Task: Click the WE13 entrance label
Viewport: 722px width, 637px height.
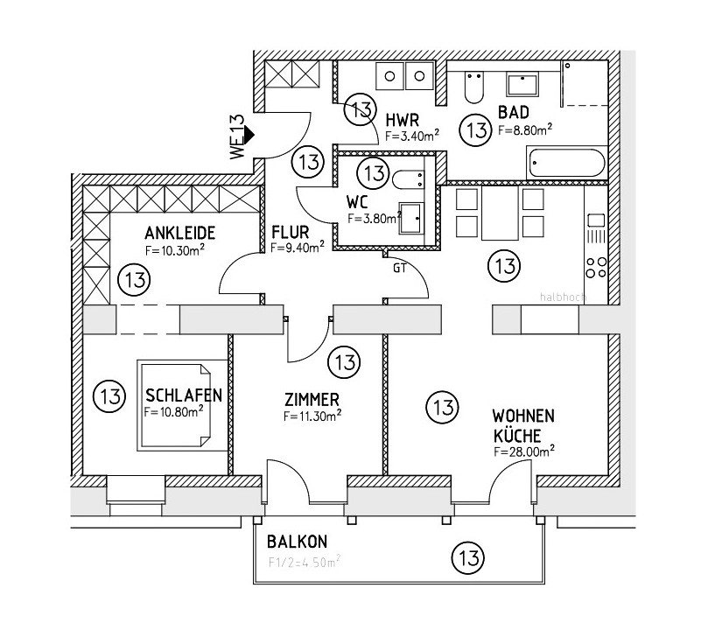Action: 236,136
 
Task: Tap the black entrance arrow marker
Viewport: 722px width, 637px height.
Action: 249,135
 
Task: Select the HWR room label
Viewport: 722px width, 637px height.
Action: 403,119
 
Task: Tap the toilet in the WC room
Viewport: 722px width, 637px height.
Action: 409,179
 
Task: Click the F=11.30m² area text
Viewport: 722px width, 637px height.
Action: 312,416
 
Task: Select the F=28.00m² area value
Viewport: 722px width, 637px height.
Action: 525,451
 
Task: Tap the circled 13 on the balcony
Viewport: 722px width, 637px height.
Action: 467,556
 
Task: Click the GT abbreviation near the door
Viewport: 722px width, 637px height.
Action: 400,269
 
